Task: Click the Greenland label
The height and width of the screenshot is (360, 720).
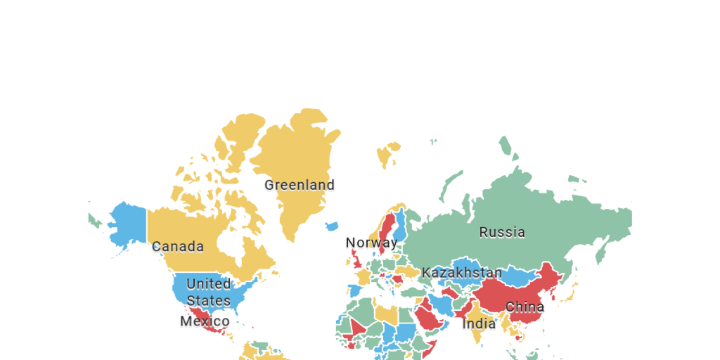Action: point(300,185)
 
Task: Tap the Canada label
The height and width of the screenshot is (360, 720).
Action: point(178,247)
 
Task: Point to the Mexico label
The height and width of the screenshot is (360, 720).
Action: point(205,321)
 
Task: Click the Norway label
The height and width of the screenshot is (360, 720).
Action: point(371,243)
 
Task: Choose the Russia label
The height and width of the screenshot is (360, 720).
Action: point(502,232)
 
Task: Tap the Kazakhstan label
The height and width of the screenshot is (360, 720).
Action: point(462,272)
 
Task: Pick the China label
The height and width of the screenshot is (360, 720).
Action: point(525,307)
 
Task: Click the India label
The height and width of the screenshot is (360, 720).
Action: point(479,324)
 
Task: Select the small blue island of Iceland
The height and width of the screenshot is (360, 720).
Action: point(331,226)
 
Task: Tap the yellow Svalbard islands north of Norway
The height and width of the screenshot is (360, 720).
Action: point(386,154)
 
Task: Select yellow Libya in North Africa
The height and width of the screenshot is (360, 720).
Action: point(385,314)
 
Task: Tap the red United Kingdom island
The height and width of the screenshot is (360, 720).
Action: point(356,261)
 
